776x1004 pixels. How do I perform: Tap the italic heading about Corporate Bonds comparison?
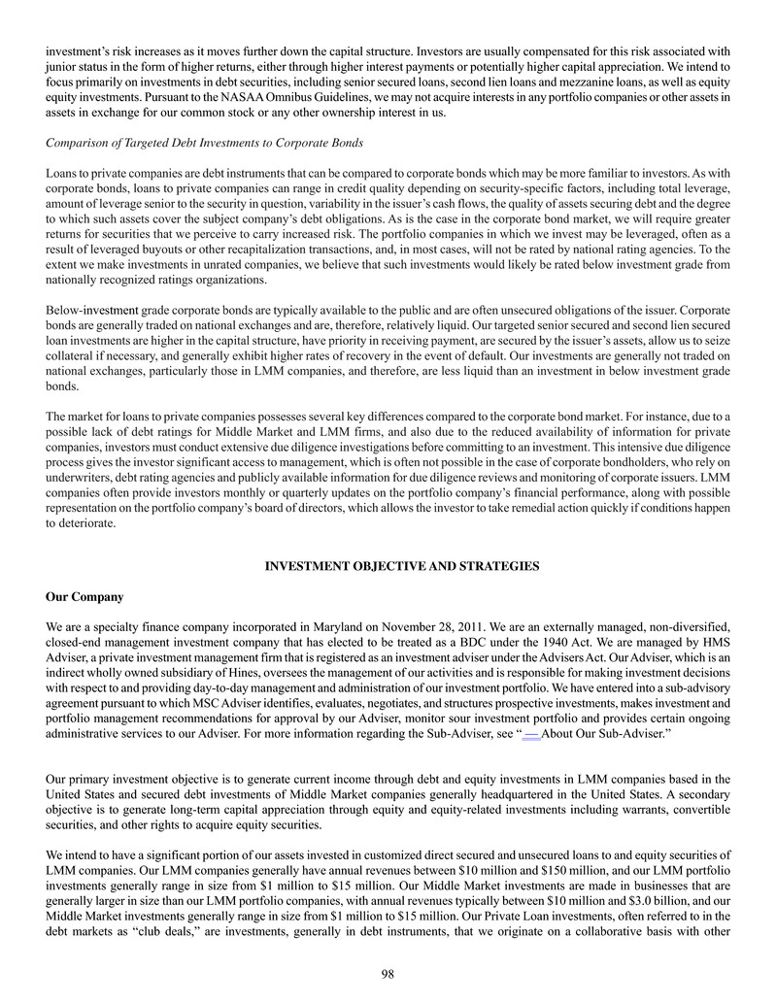pyautogui.click(x=205, y=144)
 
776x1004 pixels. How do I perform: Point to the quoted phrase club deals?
pyautogui.click(x=187, y=929)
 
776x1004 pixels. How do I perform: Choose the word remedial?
pyautogui.click(x=590, y=507)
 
